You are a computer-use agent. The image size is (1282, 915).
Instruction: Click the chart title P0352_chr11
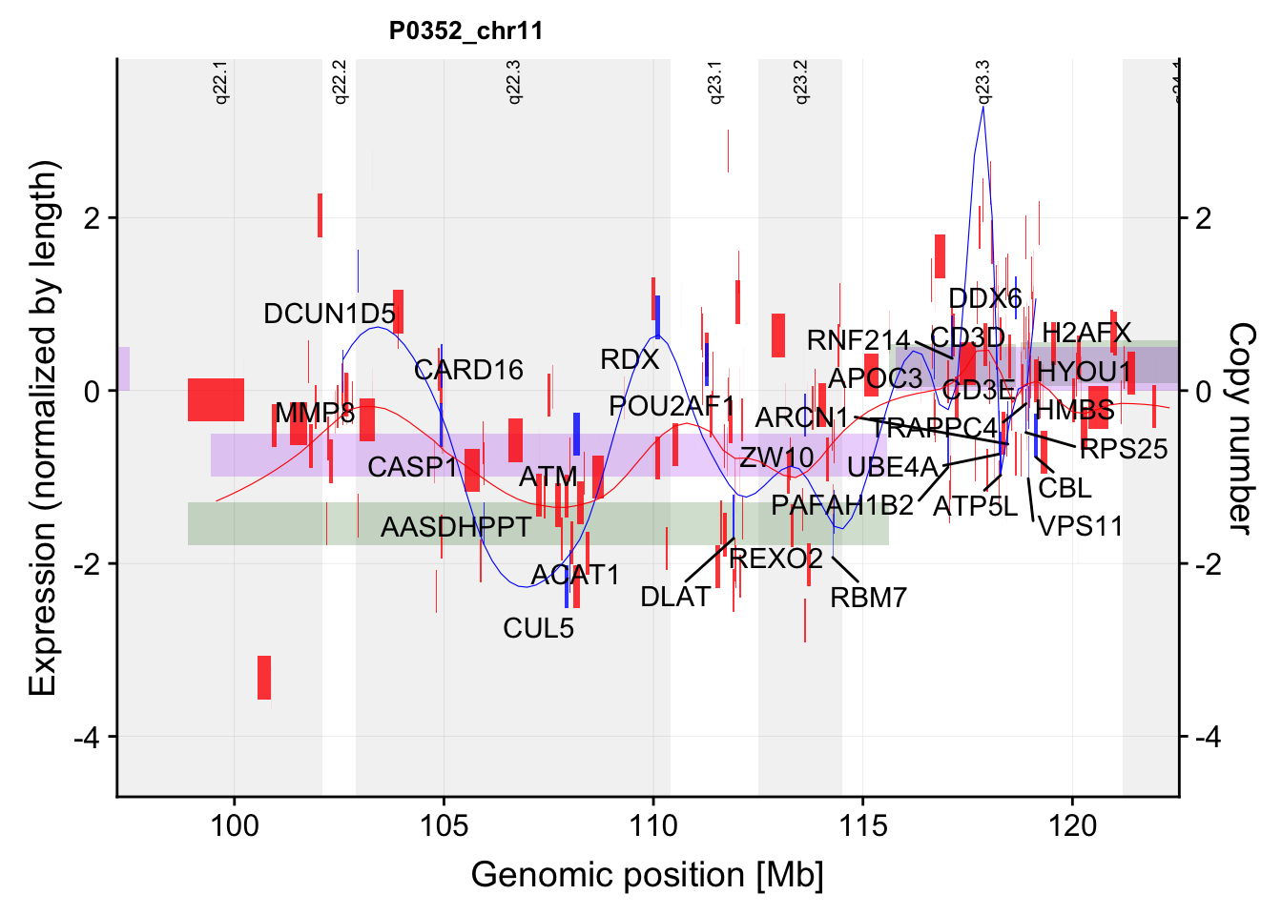pyautogui.click(x=465, y=31)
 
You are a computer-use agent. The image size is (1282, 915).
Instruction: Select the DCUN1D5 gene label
pyautogui.click(x=329, y=314)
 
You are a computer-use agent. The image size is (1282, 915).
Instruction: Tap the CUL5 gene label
pyautogui.click(x=539, y=628)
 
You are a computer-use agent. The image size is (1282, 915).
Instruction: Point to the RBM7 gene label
pyautogui.click(x=868, y=598)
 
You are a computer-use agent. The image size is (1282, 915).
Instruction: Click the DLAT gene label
pyautogui.click(x=675, y=597)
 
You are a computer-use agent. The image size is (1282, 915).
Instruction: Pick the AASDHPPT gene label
pyautogui.click(x=456, y=526)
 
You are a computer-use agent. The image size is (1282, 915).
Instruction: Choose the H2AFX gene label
pyautogui.click(x=1086, y=333)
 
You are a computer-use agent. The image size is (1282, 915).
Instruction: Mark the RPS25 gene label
pyautogui.click(x=1124, y=449)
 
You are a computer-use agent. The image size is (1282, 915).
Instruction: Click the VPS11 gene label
pyautogui.click(x=1080, y=526)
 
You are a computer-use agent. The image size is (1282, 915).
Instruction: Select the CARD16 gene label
pyautogui.click(x=468, y=370)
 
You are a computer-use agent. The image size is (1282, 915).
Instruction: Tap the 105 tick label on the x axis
pyautogui.click(x=444, y=825)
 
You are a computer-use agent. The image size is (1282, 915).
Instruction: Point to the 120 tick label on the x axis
pyautogui.click(x=1072, y=825)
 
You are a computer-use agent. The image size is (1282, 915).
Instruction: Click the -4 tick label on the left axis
pyautogui.click(x=87, y=737)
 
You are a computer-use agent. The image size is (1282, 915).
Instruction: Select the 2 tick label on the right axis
pyautogui.click(x=1203, y=218)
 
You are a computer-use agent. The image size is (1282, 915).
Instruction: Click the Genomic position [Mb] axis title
pyautogui.click(x=647, y=875)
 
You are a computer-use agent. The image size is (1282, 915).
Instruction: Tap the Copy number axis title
pyautogui.click(x=1240, y=428)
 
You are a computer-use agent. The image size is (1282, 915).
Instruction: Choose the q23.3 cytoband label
pyautogui.click(x=983, y=82)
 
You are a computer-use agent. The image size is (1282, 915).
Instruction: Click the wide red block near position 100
pyautogui.click(x=216, y=400)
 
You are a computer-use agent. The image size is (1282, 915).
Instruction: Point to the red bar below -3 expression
pyautogui.click(x=264, y=678)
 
